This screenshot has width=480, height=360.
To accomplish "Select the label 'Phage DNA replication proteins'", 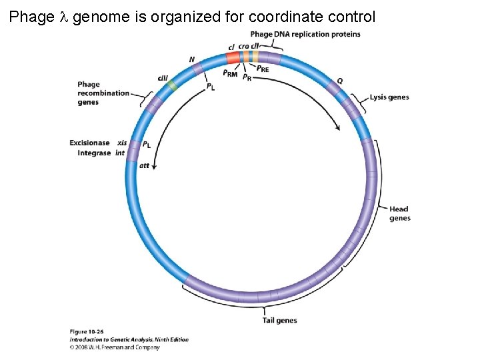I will click(x=305, y=34).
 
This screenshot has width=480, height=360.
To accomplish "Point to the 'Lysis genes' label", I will click(x=389, y=97).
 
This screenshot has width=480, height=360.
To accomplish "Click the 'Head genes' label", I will click(x=399, y=213).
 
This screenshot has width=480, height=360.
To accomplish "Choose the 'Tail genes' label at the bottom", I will click(x=279, y=321).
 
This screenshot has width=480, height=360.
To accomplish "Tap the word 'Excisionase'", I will click(x=89, y=143).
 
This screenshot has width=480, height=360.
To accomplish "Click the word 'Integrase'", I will click(x=94, y=153).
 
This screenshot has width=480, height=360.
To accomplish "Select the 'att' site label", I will click(x=144, y=165).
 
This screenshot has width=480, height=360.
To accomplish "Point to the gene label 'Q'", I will click(x=340, y=81).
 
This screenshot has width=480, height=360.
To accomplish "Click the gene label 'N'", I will click(x=192, y=59).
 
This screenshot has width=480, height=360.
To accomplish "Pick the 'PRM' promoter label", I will click(x=230, y=73).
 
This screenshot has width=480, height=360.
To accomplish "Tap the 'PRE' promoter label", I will click(x=263, y=69).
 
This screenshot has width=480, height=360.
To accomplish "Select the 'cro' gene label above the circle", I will click(x=243, y=46).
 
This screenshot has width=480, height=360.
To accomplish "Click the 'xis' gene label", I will click(x=122, y=143).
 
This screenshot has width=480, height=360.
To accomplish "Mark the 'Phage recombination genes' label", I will click(x=103, y=93).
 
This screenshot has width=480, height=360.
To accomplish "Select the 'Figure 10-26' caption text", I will click(x=86, y=331).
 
